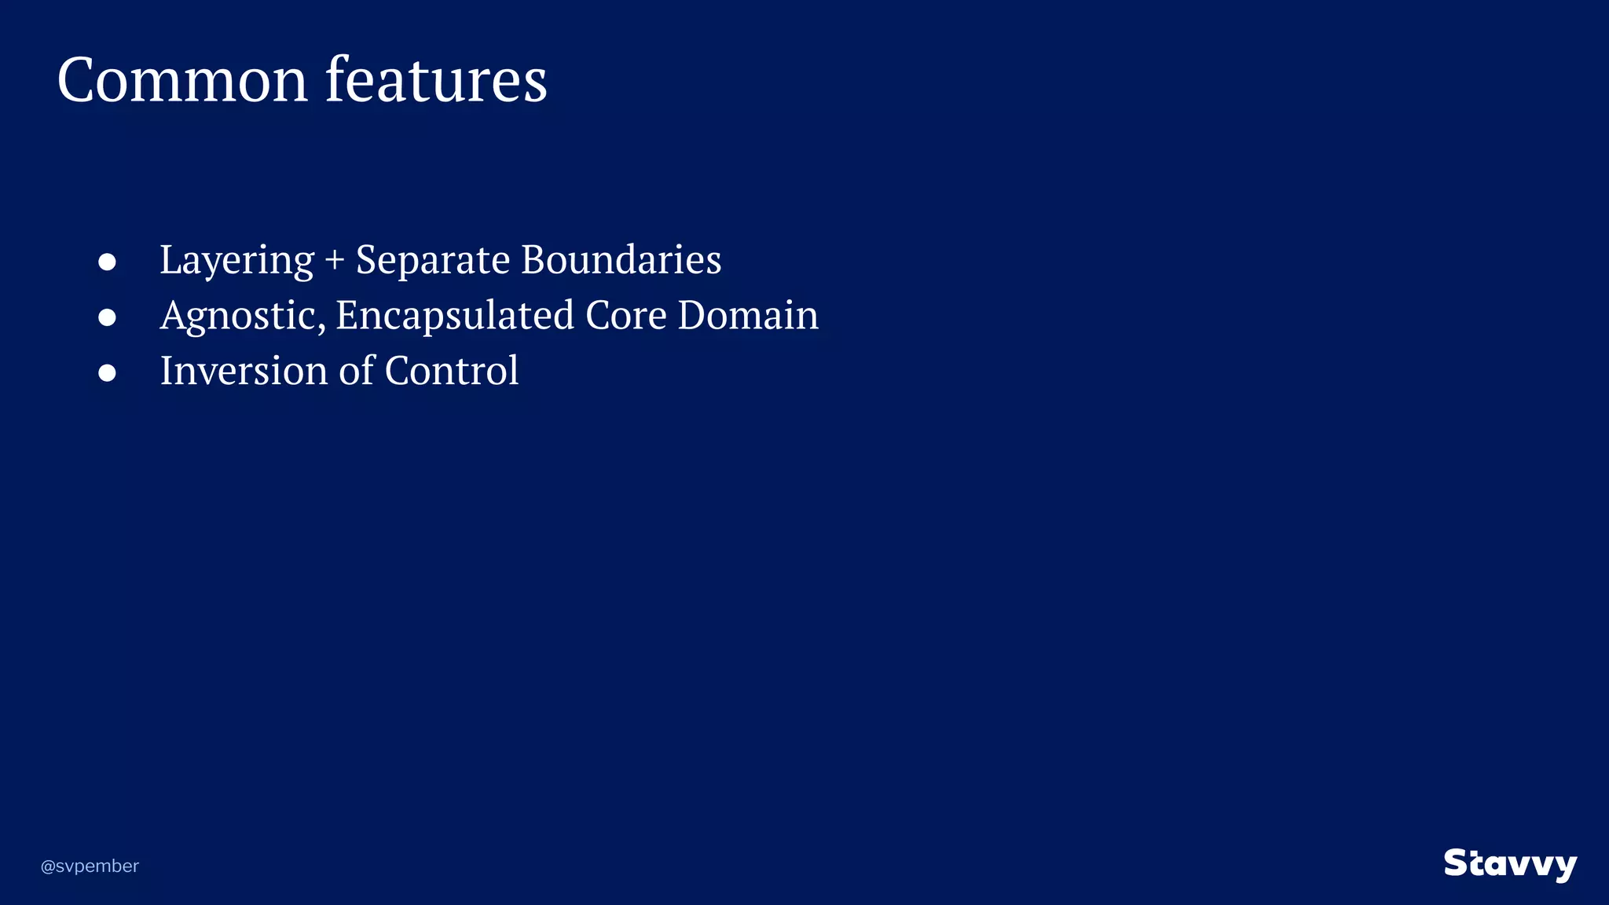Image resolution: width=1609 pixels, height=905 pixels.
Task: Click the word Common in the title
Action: [x=182, y=80]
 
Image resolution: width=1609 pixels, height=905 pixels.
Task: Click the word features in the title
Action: [x=436, y=80]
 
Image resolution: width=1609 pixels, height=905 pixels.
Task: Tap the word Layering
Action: [x=236, y=261]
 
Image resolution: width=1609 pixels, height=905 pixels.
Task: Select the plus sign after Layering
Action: [x=335, y=261]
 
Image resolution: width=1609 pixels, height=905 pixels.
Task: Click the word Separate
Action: [x=433, y=261]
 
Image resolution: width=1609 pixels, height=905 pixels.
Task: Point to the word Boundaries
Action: [x=621, y=259]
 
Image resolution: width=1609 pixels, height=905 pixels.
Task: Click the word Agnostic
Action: [x=243, y=317]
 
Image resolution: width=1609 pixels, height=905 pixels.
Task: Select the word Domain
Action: [x=748, y=315]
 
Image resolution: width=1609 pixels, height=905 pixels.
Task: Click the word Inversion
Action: [x=244, y=370]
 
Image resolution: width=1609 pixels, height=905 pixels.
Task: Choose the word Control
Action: [x=452, y=370]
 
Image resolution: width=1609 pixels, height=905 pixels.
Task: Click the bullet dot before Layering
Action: [x=108, y=262]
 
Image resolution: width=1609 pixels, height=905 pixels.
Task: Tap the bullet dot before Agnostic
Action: [x=108, y=317]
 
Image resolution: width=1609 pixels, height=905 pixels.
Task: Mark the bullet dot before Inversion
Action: [x=108, y=373]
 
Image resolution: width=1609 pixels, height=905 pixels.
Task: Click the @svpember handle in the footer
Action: [x=90, y=866]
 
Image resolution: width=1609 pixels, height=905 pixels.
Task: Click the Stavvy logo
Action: [x=1510, y=864]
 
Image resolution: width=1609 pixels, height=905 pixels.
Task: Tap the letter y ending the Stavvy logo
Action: [x=1563, y=867]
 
